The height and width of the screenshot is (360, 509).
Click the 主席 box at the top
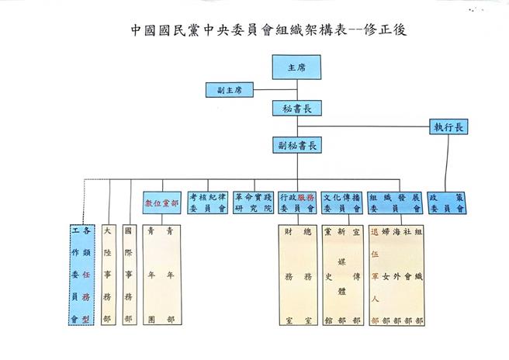tap(297, 67)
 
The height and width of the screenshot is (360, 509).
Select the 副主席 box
tap(229, 90)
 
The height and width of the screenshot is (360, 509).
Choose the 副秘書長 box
tap(297, 145)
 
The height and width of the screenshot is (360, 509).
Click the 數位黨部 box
tap(161, 203)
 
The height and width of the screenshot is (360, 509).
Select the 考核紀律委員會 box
tap(207, 203)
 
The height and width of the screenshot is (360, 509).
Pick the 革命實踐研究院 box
tap(253, 203)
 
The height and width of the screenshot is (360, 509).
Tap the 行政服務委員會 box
tap(299, 203)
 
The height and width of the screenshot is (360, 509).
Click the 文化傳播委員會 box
tap(344, 203)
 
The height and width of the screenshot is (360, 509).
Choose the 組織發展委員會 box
tap(396, 203)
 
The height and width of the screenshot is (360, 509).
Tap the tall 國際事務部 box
tap(131, 275)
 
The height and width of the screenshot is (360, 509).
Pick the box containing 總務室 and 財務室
tap(299, 275)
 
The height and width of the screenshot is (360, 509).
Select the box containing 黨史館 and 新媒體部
tap(344, 275)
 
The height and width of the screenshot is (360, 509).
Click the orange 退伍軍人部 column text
tap(376, 275)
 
